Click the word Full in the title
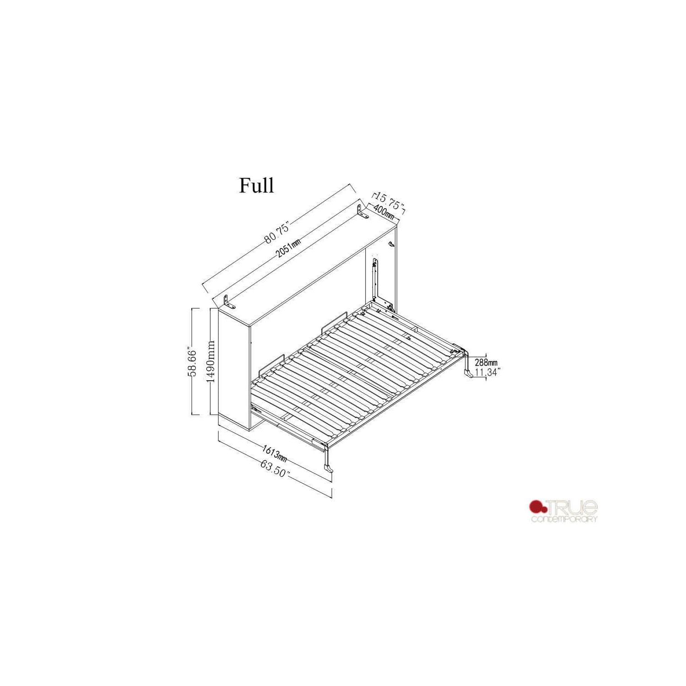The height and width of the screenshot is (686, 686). [x=256, y=185]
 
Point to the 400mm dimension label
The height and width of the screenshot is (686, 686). [x=384, y=212]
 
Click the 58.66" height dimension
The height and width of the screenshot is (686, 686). [x=193, y=362]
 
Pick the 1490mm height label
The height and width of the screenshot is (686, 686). [x=211, y=362]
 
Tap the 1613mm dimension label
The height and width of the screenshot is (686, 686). [x=274, y=453]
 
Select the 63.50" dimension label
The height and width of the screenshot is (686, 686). [x=275, y=468]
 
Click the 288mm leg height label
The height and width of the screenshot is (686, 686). [x=486, y=363]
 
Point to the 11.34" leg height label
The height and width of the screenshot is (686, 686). [x=487, y=373]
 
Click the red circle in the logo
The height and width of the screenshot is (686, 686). [x=536, y=507]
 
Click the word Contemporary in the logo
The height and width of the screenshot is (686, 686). [x=564, y=519]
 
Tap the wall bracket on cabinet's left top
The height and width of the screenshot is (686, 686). [x=228, y=302]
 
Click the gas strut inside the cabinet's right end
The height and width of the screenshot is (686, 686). [x=376, y=279]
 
